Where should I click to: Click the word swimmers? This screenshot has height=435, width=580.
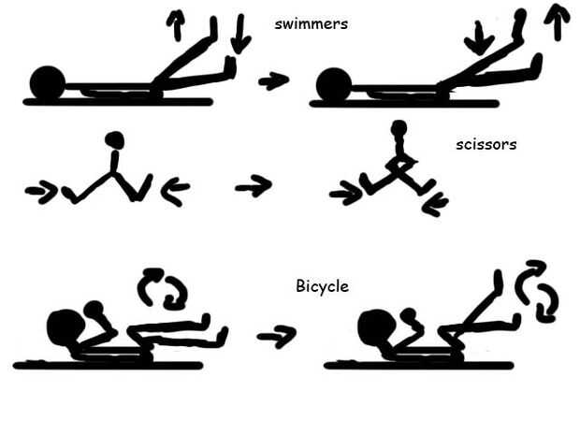pyautogui.click(x=312, y=23)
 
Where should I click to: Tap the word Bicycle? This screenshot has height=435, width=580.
pyautogui.click(x=322, y=286)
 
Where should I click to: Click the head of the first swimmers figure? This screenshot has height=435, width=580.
pyautogui.click(x=47, y=82)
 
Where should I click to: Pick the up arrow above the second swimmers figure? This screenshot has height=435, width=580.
pyautogui.click(x=558, y=21)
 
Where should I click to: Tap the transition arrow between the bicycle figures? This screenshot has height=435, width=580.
pyautogui.click(x=276, y=333)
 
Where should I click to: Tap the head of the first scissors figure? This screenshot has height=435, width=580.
pyautogui.click(x=115, y=141)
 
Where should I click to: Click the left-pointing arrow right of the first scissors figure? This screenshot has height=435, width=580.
pyautogui.click(x=175, y=192)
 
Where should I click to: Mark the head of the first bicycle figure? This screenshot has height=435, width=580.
pyautogui.click(x=65, y=328)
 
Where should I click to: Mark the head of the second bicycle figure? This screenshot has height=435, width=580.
pyautogui.click(x=377, y=327)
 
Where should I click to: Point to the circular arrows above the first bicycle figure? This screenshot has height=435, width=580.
pyautogui.click(x=161, y=288)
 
